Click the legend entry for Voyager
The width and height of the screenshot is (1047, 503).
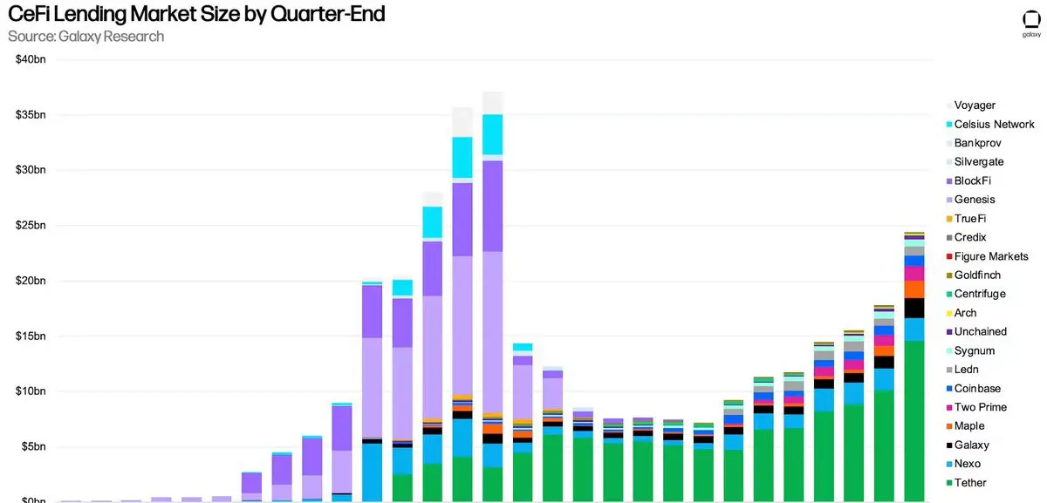pyautogui.click(x=975, y=105)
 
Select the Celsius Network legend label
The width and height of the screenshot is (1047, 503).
pyautogui.click(x=994, y=125)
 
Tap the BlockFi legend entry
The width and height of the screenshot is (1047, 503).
pyautogui.click(x=972, y=181)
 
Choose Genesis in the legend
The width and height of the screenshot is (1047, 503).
pyautogui.click(x=975, y=200)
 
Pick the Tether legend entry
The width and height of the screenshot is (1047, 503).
pyautogui.click(x=970, y=483)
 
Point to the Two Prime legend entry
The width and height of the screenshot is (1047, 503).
pyautogui.click(x=980, y=407)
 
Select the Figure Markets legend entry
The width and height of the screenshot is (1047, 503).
pyautogui.click(x=990, y=256)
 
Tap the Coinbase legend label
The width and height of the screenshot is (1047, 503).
pyautogui.click(x=977, y=389)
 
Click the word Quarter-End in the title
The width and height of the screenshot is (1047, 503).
pyautogui.click(x=326, y=15)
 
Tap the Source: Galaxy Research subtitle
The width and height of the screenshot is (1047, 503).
pyautogui.click(x=86, y=36)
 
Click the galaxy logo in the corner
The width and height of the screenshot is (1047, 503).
pyautogui.click(x=1030, y=24)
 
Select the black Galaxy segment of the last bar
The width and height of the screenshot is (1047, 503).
pyautogui.click(x=914, y=308)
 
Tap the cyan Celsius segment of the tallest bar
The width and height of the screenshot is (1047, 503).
pyautogui.click(x=493, y=134)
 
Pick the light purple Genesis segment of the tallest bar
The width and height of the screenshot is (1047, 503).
pyautogui.click(x=493, y=331)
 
